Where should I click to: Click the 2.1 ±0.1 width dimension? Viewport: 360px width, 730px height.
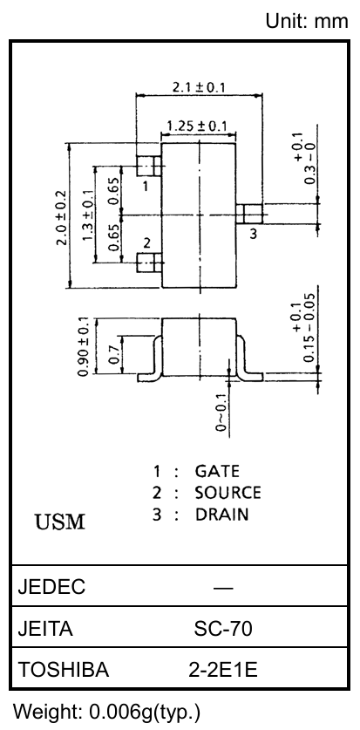(199, 87)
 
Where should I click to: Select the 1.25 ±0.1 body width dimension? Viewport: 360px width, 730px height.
(197, 126)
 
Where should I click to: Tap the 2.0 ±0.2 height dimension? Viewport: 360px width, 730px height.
(61, 217)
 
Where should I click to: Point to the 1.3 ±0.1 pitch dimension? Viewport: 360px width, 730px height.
(87, 216)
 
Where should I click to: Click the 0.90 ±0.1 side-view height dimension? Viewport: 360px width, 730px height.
(84, 346)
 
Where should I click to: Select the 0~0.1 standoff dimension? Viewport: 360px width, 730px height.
(222, 413)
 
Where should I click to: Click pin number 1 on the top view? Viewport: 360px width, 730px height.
(146, 187)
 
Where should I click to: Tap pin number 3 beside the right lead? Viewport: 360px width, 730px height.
(253, 233)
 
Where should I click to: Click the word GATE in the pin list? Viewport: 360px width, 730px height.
(217, 471)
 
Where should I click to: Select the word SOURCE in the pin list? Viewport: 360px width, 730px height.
(228, 493)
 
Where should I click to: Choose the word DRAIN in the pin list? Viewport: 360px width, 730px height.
(222, 515)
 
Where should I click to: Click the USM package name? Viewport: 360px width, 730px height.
(60, 522)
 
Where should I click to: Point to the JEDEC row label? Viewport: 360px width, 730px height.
(51, 587)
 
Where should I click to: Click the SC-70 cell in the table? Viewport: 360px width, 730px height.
(223, 629)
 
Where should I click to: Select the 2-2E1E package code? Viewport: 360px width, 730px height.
(223, 670)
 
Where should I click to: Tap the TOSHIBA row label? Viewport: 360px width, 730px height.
(64, 670)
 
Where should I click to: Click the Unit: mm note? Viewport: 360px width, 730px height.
(307, 21)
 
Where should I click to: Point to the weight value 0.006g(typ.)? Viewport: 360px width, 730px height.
(145, 712)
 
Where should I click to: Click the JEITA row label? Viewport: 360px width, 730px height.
(45, 629)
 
